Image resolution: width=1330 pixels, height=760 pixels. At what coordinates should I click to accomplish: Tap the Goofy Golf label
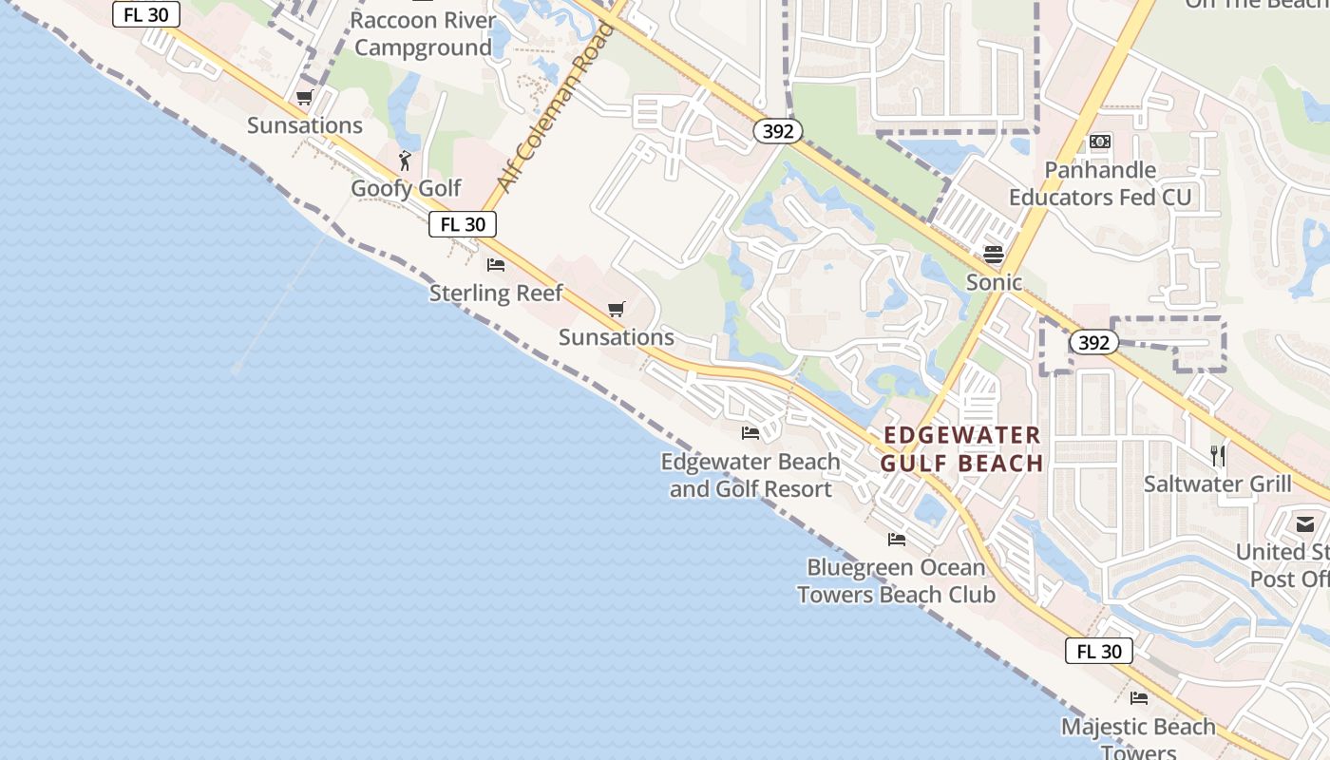406,188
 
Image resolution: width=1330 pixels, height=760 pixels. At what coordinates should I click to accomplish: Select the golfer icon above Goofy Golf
406,160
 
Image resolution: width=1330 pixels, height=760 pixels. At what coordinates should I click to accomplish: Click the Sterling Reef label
496,293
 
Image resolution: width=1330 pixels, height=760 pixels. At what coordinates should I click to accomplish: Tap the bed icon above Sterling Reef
496,264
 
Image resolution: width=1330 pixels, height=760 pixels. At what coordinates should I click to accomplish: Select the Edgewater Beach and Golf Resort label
750,476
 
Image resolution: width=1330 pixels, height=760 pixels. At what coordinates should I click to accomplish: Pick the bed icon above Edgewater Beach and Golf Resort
750,433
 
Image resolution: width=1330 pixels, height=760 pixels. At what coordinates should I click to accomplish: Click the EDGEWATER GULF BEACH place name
961,449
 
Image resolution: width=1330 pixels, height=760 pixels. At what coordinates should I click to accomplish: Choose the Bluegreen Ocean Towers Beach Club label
896,581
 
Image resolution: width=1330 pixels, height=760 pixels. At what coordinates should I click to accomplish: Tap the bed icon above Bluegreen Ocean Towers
897,540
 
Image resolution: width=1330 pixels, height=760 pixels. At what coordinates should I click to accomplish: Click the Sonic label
994,282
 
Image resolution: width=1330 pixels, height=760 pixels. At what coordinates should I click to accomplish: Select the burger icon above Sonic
994,254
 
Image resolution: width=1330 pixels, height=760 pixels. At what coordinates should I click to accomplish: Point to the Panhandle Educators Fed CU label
1100,184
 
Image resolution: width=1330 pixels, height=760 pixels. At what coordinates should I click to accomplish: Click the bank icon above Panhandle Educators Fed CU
1100,142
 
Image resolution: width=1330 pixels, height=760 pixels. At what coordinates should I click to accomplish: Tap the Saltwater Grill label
1217,484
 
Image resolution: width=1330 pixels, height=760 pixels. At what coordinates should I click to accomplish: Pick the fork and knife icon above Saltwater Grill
1218,456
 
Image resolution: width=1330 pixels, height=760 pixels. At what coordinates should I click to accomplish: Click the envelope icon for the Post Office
1304,523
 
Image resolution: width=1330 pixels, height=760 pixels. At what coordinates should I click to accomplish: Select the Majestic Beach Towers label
1138,734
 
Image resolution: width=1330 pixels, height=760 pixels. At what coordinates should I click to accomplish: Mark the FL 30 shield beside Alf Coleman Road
463,224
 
